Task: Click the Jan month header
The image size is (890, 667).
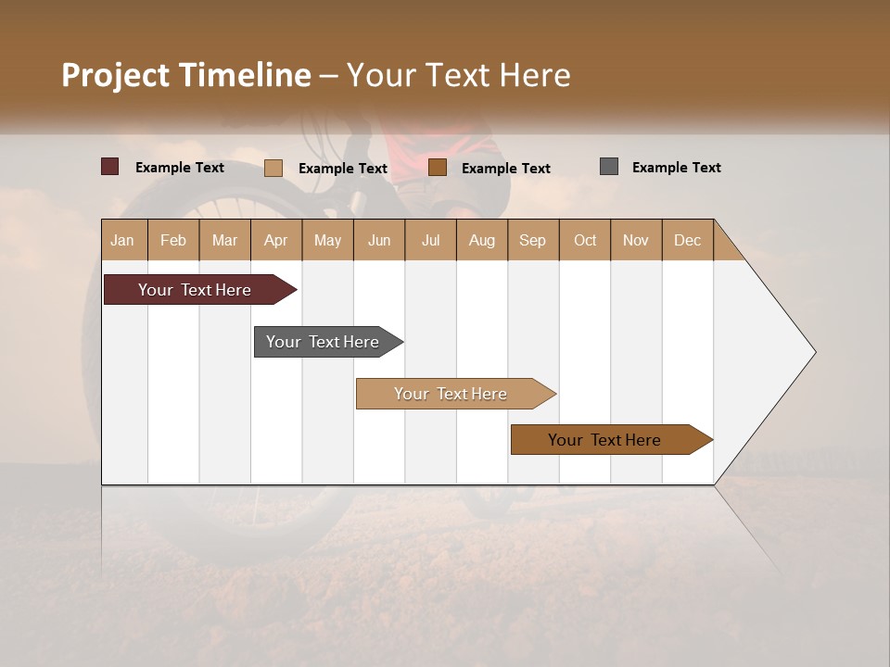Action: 122,240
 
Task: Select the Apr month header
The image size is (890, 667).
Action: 275,240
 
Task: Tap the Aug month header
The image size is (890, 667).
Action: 481,240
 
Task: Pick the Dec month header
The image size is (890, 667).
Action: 687,240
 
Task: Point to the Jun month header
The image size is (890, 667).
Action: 379,240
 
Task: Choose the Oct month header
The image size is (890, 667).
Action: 585,240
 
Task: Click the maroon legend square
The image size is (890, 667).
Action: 110,167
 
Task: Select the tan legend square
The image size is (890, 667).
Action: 273,168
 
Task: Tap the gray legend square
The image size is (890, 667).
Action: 609,167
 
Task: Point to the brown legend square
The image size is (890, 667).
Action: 438,168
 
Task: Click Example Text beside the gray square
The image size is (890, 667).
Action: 676,168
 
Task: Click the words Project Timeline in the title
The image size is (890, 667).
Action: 185,75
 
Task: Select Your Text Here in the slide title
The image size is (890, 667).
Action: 458,75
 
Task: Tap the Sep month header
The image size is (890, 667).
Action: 532,240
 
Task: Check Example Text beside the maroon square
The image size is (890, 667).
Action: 180,168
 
